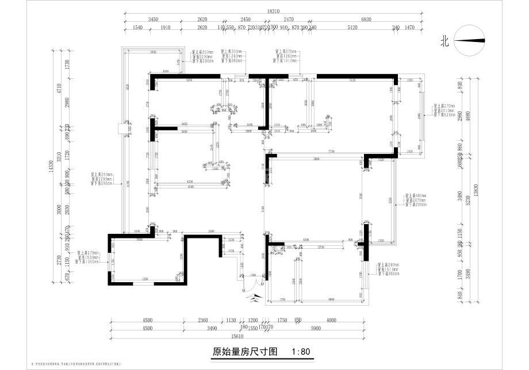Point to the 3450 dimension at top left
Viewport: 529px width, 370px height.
[x=153, y=20]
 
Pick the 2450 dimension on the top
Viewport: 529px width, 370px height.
[x=246, y=20]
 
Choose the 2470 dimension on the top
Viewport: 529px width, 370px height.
[x=289, y=20]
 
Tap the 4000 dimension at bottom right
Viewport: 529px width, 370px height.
[x=331, y=321]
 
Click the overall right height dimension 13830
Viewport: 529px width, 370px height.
[x=477, y=187]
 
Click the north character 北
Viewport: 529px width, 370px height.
[x=444, y=41]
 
